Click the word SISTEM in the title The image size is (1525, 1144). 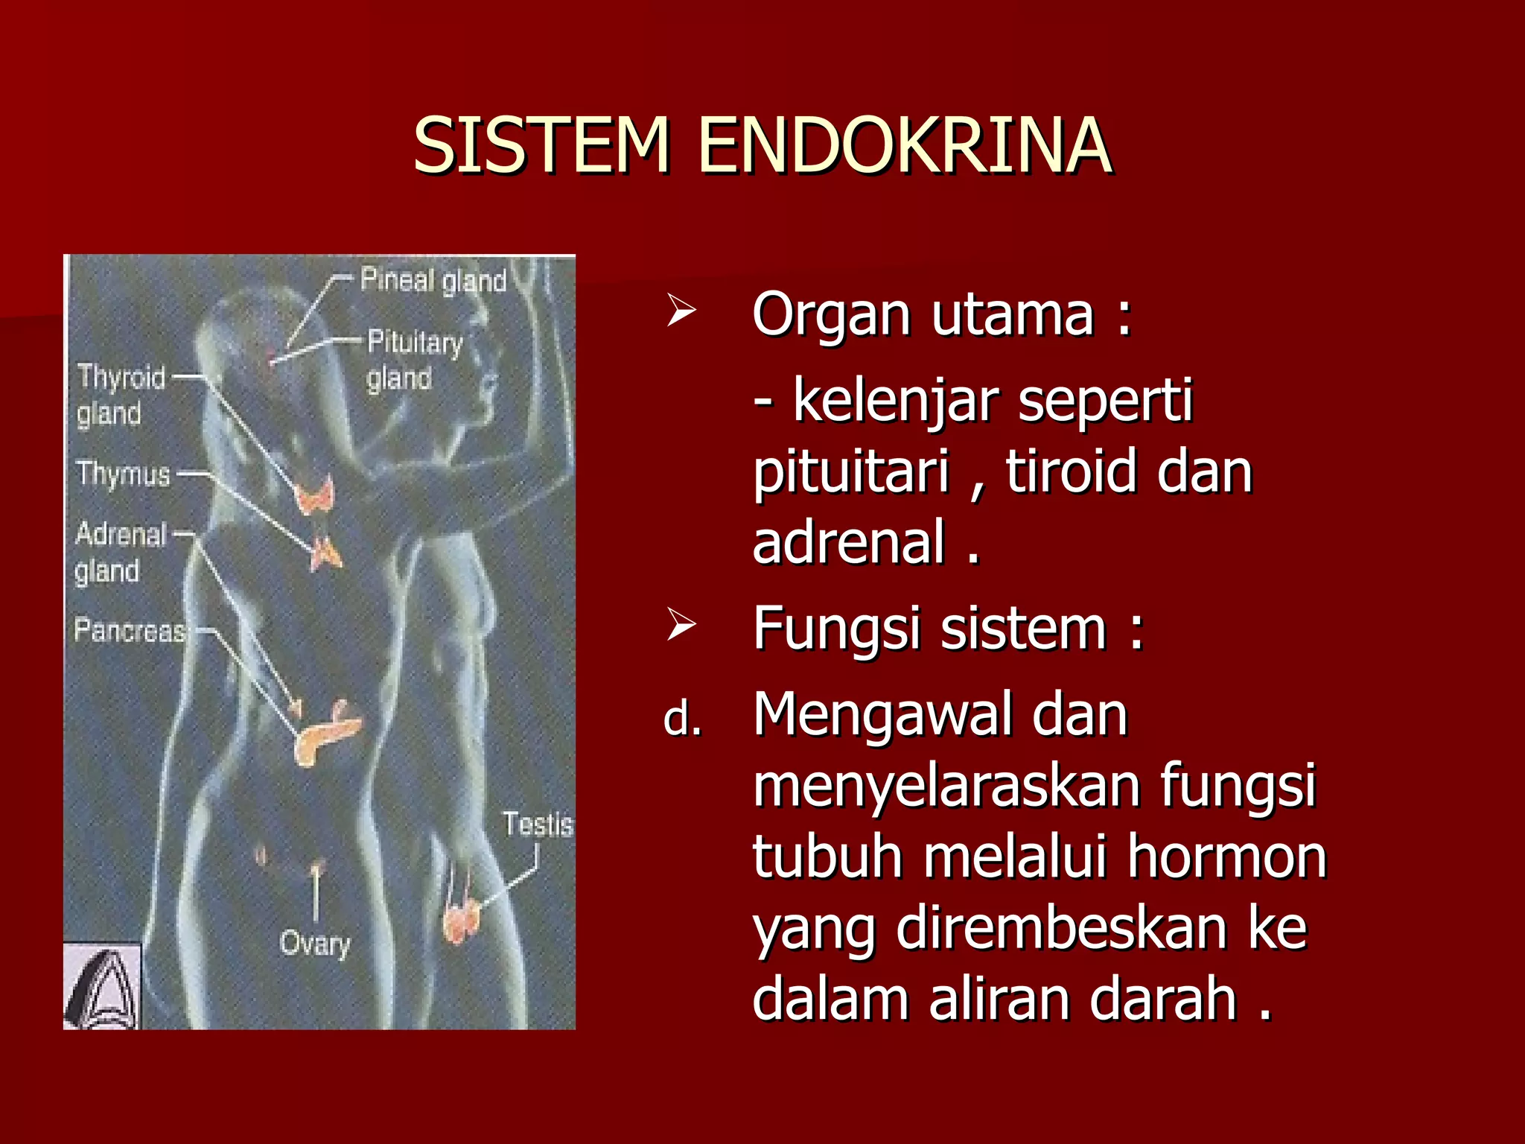(x=542, y=146)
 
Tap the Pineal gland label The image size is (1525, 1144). (x=433, y=281)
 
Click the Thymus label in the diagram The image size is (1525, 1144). (x=124, y=474)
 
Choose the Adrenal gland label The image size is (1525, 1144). (x=119, y=553)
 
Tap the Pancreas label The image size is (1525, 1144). (x=130, y=631)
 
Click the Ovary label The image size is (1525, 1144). (x=315, y=944)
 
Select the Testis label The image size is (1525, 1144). (x=537, y=824)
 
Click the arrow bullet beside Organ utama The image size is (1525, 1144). (x=681, y=311)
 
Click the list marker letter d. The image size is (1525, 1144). (x=682, y=719)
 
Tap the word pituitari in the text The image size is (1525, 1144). (x=850, y=472)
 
